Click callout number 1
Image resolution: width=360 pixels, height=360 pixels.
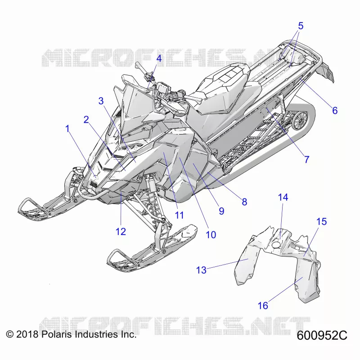[x=67, y=129]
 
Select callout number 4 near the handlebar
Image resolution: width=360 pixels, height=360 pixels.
[x=159, y=58]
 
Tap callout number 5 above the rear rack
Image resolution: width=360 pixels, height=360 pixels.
[x=301, y=26]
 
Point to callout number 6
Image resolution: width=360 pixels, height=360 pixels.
[x=335, y=110]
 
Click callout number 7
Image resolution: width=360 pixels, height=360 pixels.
[x=307, y=159]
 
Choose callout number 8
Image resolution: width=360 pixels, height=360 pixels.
[x=244, y=202]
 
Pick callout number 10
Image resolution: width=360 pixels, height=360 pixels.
[x=211, y=234]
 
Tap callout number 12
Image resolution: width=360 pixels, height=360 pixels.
[x=121, y=231]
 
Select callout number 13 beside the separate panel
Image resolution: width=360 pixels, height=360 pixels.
[x=201, y=270]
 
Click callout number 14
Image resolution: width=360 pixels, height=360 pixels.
[x=283, y=197]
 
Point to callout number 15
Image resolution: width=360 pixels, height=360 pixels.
[x=321, y=221]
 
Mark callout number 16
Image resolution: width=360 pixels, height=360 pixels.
[x=263, y=306]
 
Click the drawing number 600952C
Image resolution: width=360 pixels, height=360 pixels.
[x=322, y=335]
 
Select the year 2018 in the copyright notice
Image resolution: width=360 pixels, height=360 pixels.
[x=27, y=334]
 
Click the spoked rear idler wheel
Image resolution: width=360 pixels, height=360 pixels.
[x=300, y=120]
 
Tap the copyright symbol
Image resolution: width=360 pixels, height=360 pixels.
[x=9, y=334]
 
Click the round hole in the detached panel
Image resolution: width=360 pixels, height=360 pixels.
[x=276, y=245]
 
